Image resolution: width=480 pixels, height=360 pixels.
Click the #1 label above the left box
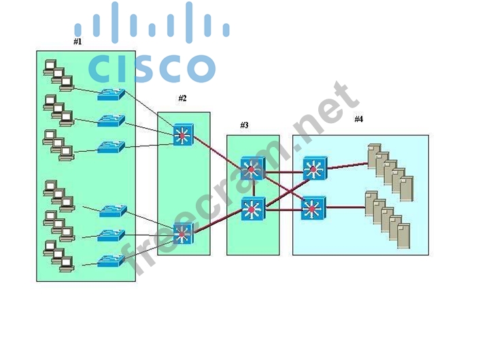(77, 42)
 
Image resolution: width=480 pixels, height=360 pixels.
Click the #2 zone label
(182, 98)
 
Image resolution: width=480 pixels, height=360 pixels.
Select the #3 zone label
(244, 125)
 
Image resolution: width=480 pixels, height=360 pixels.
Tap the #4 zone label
(358, 119)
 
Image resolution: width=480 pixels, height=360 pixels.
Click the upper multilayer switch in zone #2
(183, 134)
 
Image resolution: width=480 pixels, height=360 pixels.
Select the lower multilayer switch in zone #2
(183, 233)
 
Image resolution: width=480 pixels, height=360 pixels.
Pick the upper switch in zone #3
(252, 168)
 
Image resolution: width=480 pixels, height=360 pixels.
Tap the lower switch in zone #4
(313, 207)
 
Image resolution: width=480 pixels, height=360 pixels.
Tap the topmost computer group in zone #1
(58, 74)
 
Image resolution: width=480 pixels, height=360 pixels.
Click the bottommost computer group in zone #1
(58, 252)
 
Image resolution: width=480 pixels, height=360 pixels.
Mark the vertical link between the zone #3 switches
(253, 188)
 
